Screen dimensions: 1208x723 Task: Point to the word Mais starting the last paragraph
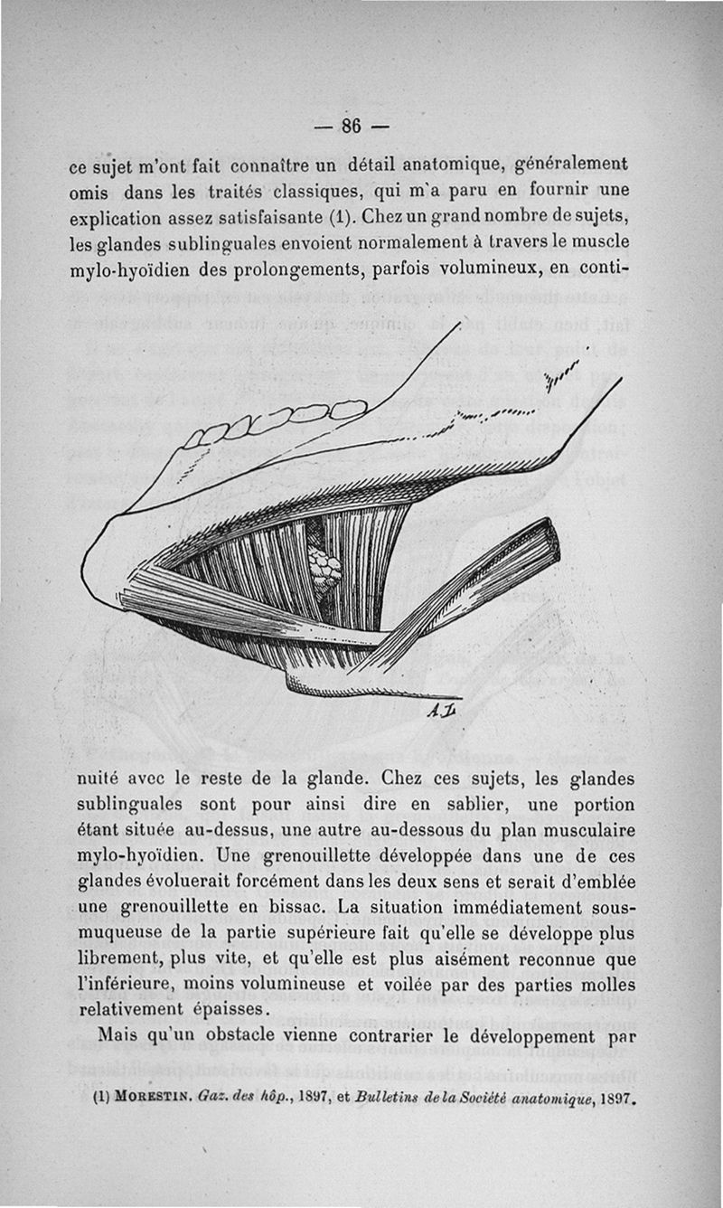[x=117, y=1034]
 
